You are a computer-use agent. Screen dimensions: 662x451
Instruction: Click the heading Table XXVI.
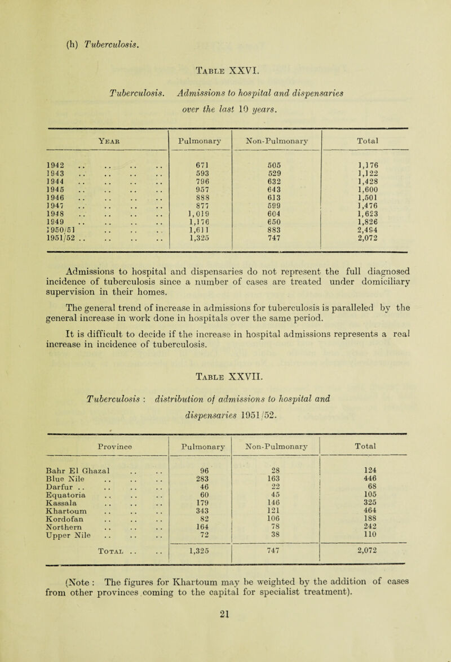[225, 56]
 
